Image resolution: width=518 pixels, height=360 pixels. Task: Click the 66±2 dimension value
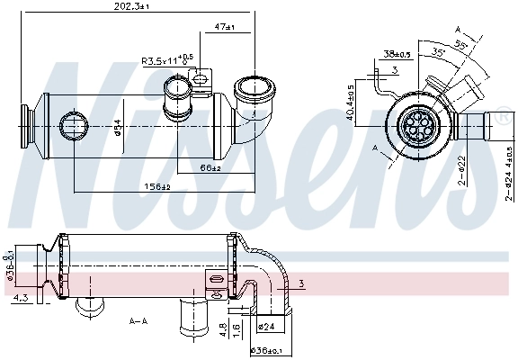[210, 167]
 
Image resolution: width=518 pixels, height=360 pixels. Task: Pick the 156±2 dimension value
[157, 187]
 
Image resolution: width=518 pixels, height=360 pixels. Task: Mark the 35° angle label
[440, 52]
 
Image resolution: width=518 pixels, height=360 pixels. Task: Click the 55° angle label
[461, 42]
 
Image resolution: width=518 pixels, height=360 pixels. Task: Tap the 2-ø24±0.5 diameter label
[508, 171]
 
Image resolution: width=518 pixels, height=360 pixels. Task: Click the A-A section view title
[138, 320]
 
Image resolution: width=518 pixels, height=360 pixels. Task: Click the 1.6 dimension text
[235, 330]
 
